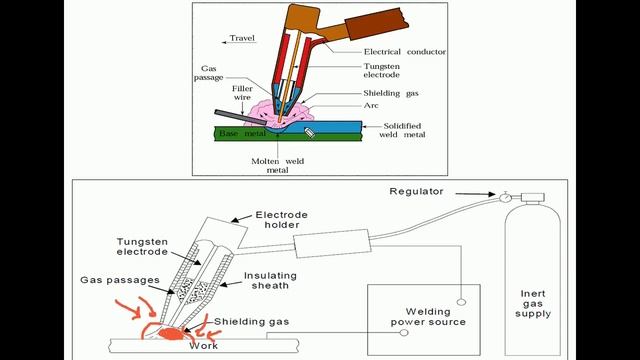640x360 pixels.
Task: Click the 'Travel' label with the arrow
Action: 242,39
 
